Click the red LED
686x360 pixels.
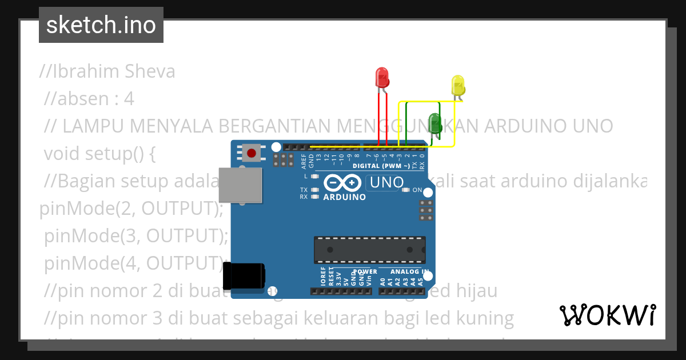coord(382,78)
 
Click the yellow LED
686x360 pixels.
coord(458,86)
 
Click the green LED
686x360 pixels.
coord(435,123)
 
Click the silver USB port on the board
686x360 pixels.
coord(240,185)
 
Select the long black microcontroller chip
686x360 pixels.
coord(369,250)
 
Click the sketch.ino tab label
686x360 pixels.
coord(101,25)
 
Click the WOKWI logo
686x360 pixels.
coord(607,315)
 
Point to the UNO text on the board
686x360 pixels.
coord(388,183)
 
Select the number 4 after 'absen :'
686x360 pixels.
coord(129,99)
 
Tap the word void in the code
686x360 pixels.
coord(62,154)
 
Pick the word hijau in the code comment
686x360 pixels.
coord(475,291)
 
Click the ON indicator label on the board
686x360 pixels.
coord(417,190)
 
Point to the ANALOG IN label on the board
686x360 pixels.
coord(409,271)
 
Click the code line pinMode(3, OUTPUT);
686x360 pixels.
coord(136,235)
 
